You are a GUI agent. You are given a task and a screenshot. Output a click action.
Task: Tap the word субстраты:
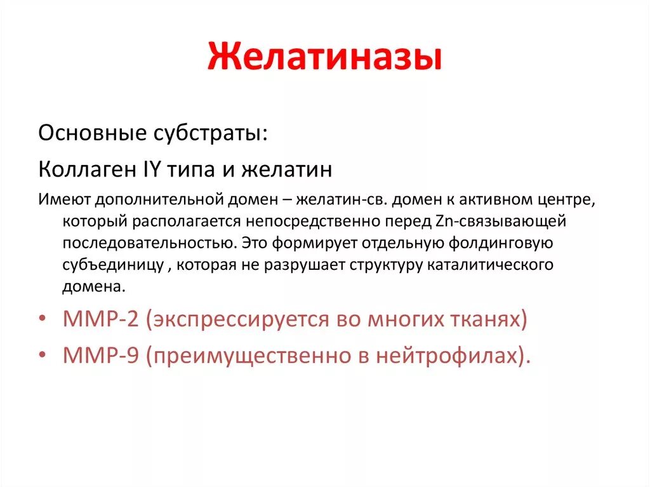(209, 134)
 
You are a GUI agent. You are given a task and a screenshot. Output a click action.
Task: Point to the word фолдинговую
(502, 243)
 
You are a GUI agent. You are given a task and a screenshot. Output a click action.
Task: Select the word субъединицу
(114, 265)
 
